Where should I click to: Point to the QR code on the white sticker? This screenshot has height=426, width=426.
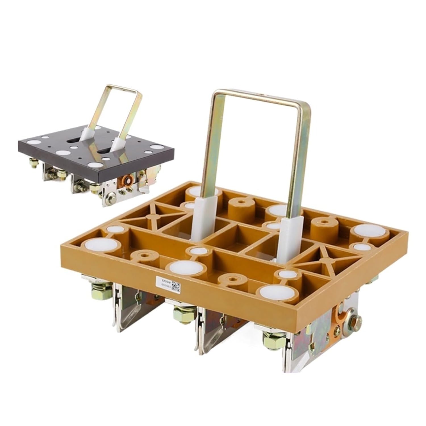[176, 287]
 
